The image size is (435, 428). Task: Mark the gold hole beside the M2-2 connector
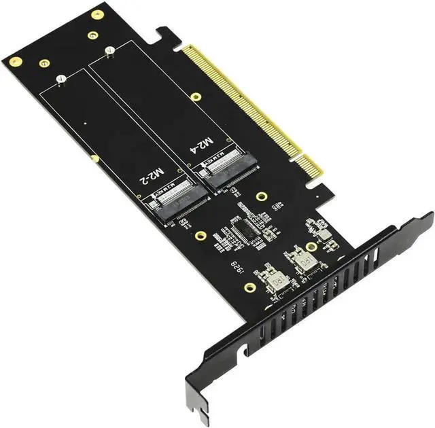(201, 236)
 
